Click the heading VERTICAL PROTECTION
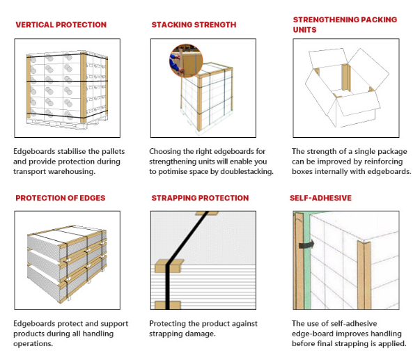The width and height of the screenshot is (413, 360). click(61, 25)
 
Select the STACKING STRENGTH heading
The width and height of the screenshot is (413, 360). click(194, 25)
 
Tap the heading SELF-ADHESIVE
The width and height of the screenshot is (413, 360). click(320, 198)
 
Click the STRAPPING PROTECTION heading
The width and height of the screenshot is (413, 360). click(200, 198)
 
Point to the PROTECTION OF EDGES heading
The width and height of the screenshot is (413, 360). click(61, 198)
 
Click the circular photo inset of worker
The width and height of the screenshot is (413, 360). click(186, 61)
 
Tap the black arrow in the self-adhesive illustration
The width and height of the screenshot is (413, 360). click(306, 244)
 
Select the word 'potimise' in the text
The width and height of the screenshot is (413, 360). click(173, 172)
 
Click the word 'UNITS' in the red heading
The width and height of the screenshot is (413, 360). click(304, 30)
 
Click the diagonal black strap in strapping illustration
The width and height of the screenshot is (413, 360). click(187, 237)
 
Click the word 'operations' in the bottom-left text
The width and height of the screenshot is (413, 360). click(33, 344)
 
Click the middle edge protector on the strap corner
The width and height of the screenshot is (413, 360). click(169, 266)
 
